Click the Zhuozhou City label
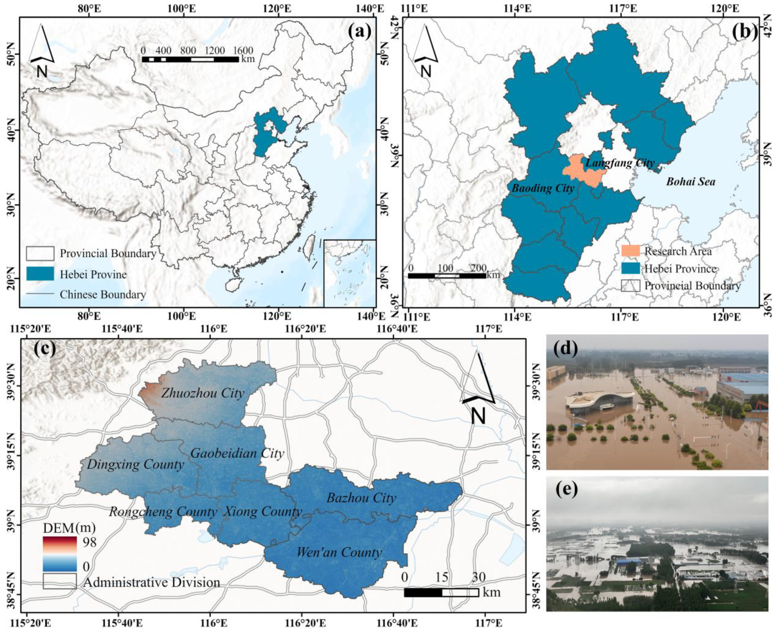(x=203, y=393)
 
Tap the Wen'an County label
(x=339, y=552)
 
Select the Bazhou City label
(x=361, y=498)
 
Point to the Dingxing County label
(x=135, y=464)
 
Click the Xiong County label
(x=262, y=512)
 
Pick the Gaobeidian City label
(x=237, y=453)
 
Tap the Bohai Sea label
(x=691, y=181)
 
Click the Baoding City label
(x=543, y=188)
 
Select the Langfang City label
(x=620, y=163)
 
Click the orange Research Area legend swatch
(x=630, y=251)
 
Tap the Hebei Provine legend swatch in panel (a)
(x=40, y=274)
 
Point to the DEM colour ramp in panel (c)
(x=60, y=554)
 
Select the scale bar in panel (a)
(x=190, y=59)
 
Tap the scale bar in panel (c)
(x=441, y=592)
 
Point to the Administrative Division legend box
(x=60, y=581)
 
